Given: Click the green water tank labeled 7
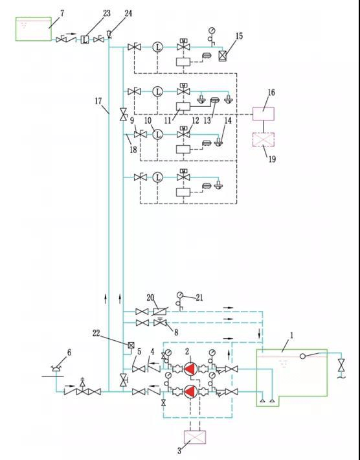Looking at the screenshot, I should (33, 29).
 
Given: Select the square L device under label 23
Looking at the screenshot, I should (85, 40).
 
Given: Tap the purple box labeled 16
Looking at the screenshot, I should (264, 113).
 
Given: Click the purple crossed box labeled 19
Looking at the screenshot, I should (264, 141).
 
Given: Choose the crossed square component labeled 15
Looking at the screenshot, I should (223, 56).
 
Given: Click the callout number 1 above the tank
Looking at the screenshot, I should (291, 336).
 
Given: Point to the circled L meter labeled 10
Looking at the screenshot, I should (157, 134).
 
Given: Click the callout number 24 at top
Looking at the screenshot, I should (128, 13).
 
